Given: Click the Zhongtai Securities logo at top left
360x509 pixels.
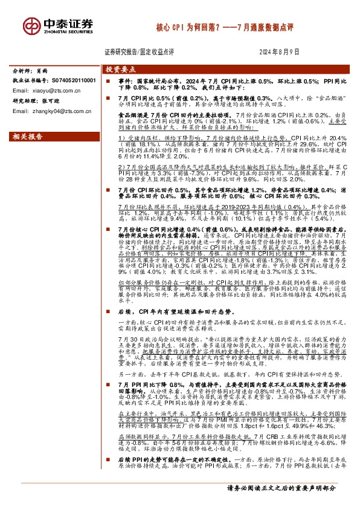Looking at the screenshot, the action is pyautogui.click(x=53, y=25).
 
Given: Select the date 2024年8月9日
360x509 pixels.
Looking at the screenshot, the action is pyautogui.click(x=280, y=52).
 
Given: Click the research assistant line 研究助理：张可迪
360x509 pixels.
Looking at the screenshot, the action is pyautogui.click(x=36, y=100).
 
